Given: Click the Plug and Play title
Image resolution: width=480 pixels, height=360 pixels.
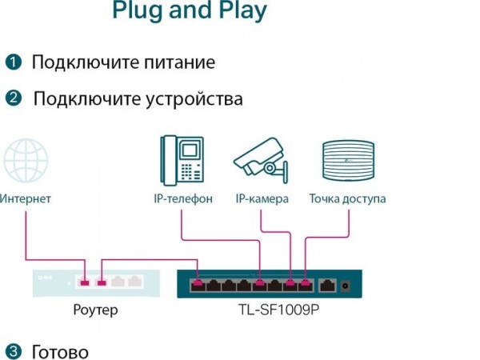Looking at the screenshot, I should pos(190,11).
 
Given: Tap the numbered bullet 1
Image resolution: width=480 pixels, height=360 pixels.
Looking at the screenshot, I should pos(14,62).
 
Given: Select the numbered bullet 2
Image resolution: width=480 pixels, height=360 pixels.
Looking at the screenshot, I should pos(14,99).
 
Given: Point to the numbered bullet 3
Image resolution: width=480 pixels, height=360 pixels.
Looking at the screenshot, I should pos(14,351).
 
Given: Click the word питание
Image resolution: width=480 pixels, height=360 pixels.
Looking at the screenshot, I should pos(175,62).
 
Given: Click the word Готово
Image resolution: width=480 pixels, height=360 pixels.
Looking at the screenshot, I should pos(60,351).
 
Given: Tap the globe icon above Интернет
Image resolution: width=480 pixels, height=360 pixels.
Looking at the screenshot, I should pos(25,161).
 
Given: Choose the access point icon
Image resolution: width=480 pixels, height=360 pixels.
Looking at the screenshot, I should pos(347,160).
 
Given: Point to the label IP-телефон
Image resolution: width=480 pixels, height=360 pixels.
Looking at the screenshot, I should pos(183,198).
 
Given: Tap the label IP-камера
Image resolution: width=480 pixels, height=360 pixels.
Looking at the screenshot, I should pos(262,198).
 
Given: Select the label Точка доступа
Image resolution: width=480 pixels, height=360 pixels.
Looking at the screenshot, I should pos(348,198).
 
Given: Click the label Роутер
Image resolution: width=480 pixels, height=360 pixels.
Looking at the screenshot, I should pos(94,310).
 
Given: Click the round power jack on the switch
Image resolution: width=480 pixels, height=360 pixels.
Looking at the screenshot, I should pos(346,284).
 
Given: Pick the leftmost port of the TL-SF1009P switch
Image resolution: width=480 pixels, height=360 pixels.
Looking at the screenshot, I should pos(198,283).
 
